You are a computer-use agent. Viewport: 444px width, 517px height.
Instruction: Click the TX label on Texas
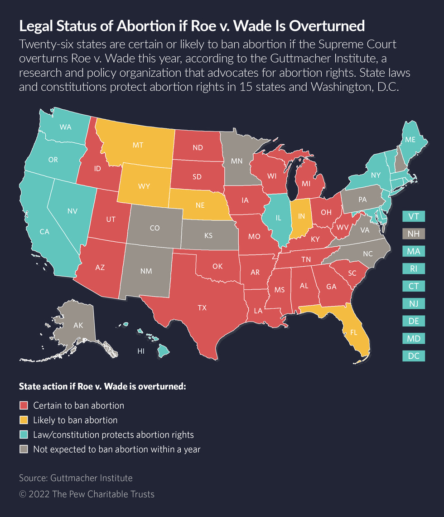[202, 308]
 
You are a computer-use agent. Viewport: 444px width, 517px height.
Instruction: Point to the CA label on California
[44, 232]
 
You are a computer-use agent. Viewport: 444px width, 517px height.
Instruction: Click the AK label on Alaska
[78, 325]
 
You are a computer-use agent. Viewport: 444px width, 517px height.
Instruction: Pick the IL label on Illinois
[279, 218]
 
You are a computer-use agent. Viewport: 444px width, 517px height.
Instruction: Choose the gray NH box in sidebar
[413, 234]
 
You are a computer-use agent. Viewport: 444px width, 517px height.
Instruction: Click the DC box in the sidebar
[413, 356]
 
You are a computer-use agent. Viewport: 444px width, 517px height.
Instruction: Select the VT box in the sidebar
[413, 216]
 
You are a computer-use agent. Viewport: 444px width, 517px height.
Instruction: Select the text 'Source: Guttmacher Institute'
[76, 478]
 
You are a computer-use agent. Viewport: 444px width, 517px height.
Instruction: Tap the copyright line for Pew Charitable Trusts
[87, 494]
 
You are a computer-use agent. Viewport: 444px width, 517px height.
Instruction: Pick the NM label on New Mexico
[146, 271]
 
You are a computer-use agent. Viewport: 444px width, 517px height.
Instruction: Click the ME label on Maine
[410, 140]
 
